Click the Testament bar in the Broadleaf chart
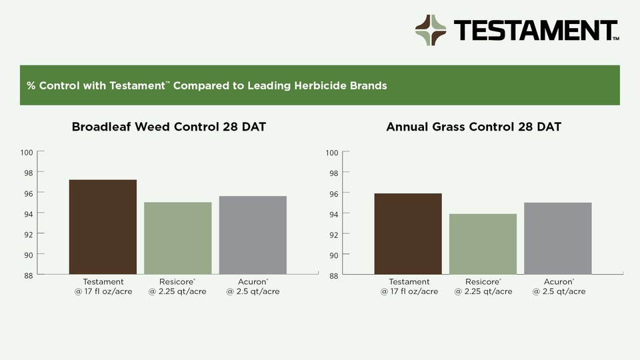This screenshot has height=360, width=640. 103,227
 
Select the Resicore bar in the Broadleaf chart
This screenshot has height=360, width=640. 178,238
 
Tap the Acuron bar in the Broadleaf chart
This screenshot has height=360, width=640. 253,235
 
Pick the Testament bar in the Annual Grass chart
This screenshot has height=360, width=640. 408,233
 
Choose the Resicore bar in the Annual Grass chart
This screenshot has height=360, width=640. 483,244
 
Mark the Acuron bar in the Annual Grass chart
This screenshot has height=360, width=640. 557,238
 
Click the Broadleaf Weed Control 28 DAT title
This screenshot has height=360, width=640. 169,127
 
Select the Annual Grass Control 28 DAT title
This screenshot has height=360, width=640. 473,127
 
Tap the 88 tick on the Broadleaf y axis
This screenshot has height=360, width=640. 28,275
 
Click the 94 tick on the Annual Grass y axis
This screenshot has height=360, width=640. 333,214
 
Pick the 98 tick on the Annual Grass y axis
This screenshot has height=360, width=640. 333,173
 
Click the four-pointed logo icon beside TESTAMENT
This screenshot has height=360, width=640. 431,30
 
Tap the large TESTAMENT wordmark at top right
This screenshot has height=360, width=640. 535,31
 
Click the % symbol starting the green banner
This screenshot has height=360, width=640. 31,86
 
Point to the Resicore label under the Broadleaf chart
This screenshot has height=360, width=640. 178,282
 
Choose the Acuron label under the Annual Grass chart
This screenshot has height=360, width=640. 559,282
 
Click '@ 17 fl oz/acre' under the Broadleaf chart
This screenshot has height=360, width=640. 103,291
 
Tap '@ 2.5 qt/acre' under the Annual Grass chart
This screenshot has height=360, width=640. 559,291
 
